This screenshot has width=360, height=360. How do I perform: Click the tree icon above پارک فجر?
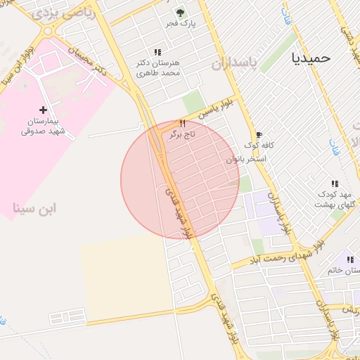click(x=181, y=13)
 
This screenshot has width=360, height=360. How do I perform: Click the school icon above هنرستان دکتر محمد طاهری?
click(x=157, y=52)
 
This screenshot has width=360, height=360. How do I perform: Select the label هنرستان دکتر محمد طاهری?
click(x=158, y=67)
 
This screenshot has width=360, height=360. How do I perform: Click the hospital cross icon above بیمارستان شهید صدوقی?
click(x=44, y=109)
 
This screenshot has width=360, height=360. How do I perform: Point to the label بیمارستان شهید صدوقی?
click(x=42, y=125)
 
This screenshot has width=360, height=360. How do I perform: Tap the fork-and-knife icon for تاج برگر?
click(x=182, y=123)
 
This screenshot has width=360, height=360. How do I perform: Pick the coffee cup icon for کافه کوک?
click(x=259, y=134)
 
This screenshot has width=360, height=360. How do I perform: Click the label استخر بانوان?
click(x=246, y=160)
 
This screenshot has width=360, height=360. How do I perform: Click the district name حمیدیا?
click(x=310, y=58)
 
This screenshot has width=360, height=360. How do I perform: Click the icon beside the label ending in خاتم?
click(x=350, y=259)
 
